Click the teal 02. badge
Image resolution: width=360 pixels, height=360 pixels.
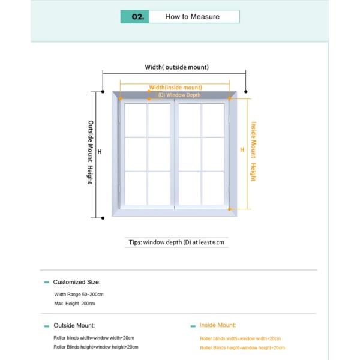134,17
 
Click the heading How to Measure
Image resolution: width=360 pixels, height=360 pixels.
192,17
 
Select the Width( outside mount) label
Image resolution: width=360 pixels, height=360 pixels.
177,67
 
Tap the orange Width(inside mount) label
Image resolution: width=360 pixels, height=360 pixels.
175,88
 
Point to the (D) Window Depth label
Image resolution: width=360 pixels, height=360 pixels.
179,95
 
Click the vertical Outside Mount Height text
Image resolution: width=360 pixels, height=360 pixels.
90,152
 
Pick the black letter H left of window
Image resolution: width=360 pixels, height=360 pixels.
100,152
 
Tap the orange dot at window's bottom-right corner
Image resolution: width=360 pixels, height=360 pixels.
230,209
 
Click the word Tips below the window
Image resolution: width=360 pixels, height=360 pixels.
135,242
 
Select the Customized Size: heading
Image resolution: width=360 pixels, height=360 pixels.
77,281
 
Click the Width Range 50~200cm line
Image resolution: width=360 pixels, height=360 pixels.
79,295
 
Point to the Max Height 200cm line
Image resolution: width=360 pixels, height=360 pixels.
75,304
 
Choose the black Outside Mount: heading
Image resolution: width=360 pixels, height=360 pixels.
74,325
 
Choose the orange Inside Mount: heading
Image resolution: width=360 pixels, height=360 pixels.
218,325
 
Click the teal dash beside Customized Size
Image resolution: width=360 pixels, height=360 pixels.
47,282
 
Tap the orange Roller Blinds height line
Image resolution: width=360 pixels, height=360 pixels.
242,347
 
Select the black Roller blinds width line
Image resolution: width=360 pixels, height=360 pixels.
94,338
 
